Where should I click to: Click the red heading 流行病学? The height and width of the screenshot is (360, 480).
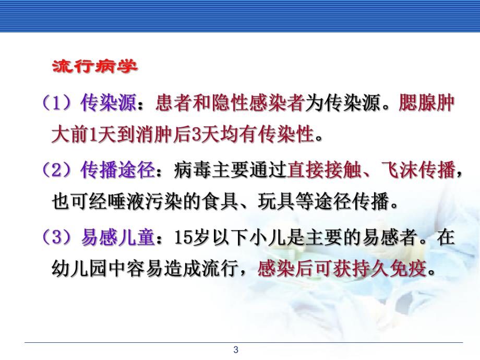(x=94, y=67)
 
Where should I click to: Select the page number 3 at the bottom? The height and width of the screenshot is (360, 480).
(x=236, y=350)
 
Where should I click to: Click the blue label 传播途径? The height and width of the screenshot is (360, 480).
(x=118, y=170)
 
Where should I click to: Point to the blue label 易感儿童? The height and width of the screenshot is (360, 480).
(x=118, y=237)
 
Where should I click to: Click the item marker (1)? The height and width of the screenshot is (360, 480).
(x=59, y=103)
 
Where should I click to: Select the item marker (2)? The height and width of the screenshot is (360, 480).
(x=59, y=170)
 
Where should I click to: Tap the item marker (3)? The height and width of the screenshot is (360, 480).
(x=59, y=237)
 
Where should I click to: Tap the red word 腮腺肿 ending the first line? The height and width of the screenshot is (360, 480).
(x=426, y=103)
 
